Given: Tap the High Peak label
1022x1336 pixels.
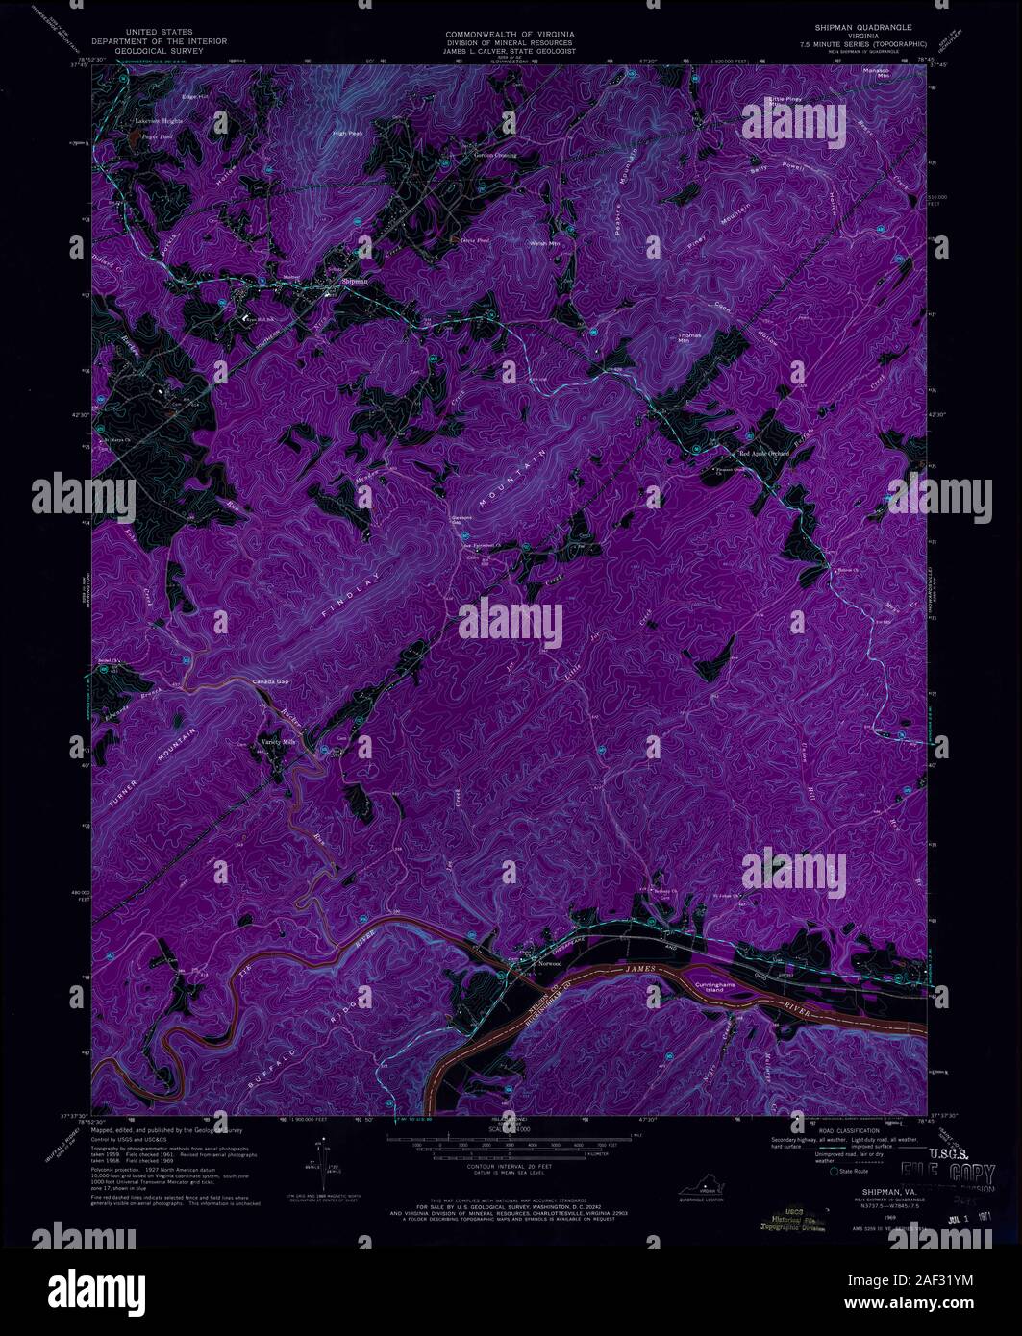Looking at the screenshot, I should tap(347, 133).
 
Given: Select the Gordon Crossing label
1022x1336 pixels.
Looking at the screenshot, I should tap(495, 155).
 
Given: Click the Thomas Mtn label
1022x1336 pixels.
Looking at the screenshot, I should tap(690, 337).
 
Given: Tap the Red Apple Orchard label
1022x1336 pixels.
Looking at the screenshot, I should tap(763, 453).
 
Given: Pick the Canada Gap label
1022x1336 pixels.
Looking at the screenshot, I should tap(270, 681).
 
